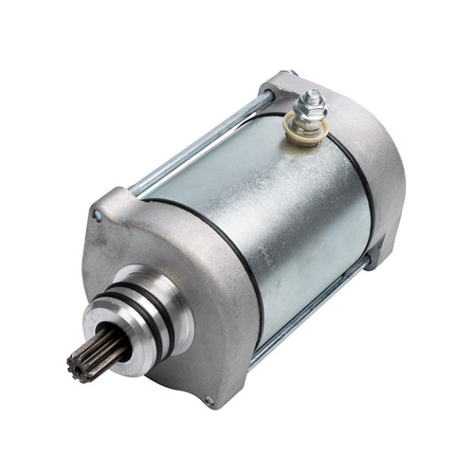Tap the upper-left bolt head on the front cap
click(x=97, y=216)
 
